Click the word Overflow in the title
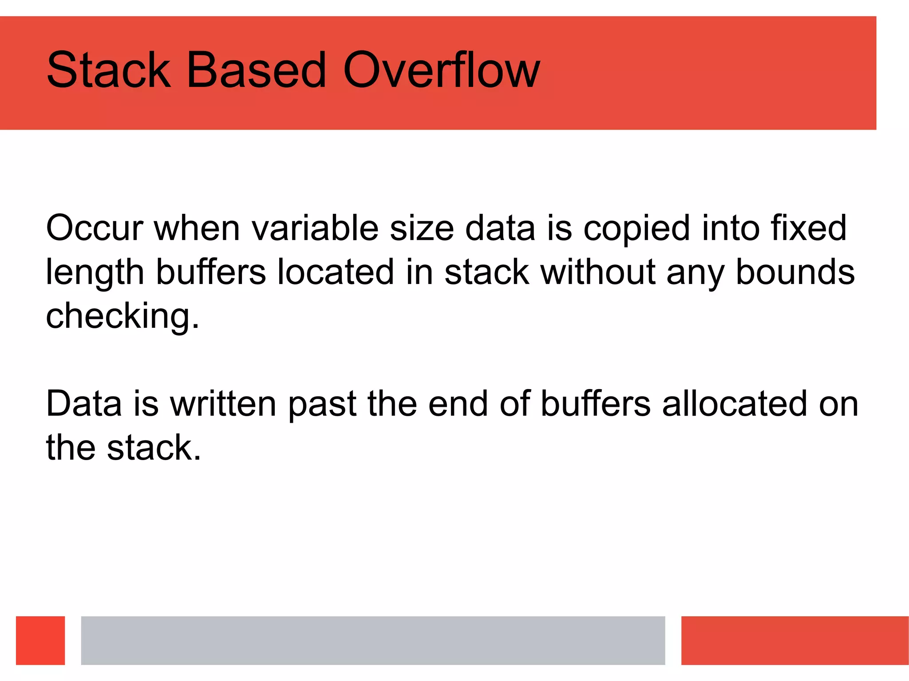441,70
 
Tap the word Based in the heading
257,70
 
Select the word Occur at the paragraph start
95,228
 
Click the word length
95,272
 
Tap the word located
336,272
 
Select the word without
598,272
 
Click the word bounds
795,272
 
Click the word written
223,404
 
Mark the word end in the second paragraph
458,404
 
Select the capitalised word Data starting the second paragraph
84,404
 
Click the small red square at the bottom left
40,640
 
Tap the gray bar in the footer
373,640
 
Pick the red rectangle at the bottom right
794,640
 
